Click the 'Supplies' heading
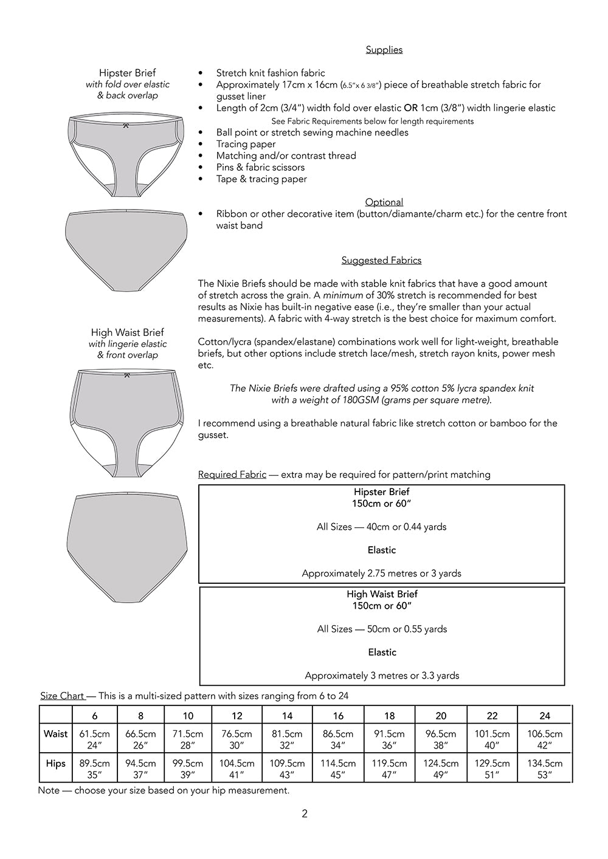pos(384,50)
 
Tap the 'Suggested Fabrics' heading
pos(381,261)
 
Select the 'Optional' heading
pos(384,202)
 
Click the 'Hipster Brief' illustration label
pos(127,73)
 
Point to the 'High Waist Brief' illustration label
pos(127,332)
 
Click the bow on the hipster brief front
pos(126,126)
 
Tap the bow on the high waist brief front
pos(126,375)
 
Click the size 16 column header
pos(338,716)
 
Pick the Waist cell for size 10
pos(188,739)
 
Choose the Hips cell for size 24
pos(545,768)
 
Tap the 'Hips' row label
pos(55,764)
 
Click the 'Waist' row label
pos(55,734)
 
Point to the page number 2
pos(305,814)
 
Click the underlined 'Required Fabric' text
pos(232,474)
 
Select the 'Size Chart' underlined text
pos(63,696)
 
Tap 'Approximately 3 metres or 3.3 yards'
pos(382,676)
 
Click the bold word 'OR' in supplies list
pos(410,108)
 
